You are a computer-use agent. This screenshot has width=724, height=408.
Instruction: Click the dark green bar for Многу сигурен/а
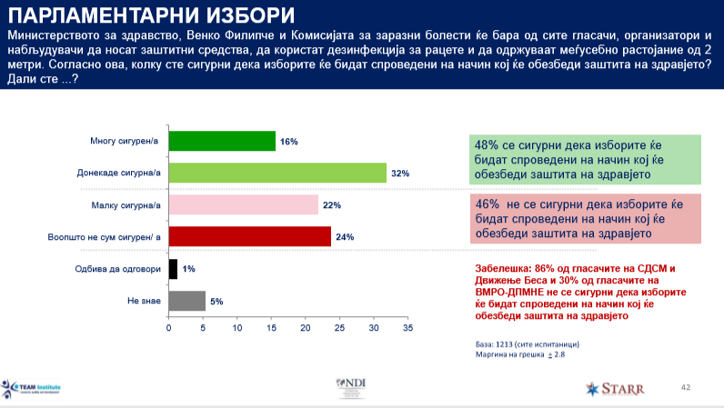(222, 141)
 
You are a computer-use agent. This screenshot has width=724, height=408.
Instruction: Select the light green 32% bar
(277, 173)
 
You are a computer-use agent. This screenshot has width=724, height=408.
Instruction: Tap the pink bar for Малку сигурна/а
(244, 205)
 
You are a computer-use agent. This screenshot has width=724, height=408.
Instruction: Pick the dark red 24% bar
(250, 237)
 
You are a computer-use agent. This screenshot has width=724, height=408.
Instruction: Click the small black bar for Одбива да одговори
(173, 269)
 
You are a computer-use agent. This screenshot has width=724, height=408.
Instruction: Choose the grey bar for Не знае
(186, 301)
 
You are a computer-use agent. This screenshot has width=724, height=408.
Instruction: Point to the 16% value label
(289, 142)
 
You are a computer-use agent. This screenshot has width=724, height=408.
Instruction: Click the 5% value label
(216, 302)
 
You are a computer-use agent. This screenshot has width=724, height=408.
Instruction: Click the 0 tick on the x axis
(168, 327)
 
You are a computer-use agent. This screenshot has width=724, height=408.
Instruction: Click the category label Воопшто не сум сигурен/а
(104, 237)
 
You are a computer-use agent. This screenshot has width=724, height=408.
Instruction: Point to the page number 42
(687, 387)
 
